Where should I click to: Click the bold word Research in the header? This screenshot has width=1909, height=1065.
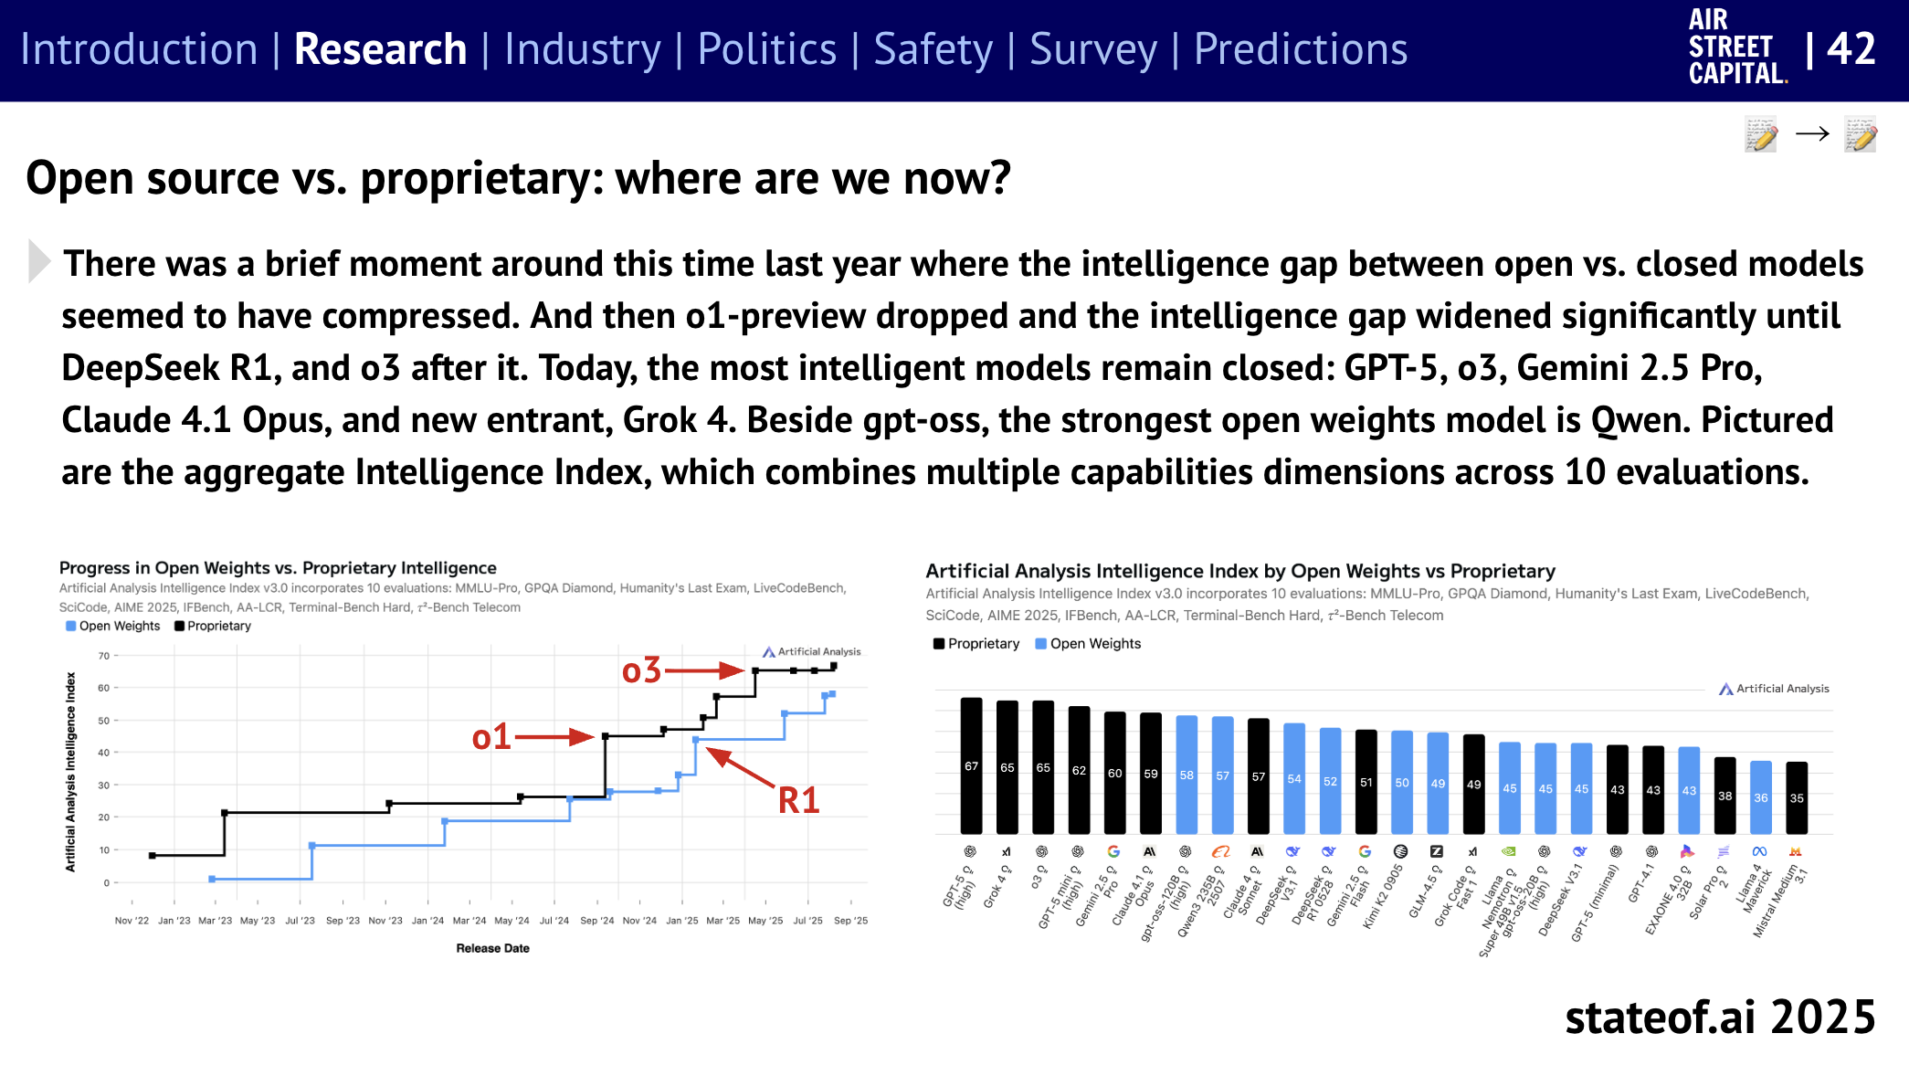(x=380, y=49)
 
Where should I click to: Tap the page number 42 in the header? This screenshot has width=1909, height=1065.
(x=1851, y=49)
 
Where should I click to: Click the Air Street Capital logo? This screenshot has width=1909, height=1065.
(x=1736, y=47)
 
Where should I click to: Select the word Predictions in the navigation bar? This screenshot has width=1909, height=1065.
(x=1300, y=49)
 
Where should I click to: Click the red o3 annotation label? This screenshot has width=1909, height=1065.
(x=641, y=671)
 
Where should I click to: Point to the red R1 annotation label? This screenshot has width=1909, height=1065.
(x=798, y=800)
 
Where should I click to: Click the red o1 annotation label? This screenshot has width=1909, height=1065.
(x=491, y=737)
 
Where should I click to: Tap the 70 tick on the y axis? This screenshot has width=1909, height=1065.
(x=103, y=656)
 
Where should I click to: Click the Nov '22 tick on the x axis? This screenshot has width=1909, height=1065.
(x=132, y=921)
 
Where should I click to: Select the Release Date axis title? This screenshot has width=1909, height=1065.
(x=492, y=948)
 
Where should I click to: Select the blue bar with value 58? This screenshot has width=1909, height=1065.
(x=1186, y=775)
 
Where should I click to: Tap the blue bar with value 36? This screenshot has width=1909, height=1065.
(x=1760, y=797)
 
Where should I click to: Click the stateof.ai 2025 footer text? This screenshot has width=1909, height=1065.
(x=1719, y=1017)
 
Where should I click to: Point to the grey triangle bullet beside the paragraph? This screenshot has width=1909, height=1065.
(x=38, y=261)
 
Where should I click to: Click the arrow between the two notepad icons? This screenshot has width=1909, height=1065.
(x=1812, y=134)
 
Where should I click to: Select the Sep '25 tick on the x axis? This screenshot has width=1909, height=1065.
(x=850, y=921)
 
